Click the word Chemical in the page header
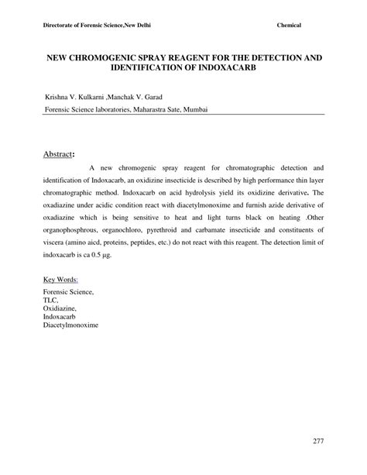point(289,26)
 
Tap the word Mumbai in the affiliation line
point(192,110)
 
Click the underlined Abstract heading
point(59,154)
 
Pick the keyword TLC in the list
point(51,298)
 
